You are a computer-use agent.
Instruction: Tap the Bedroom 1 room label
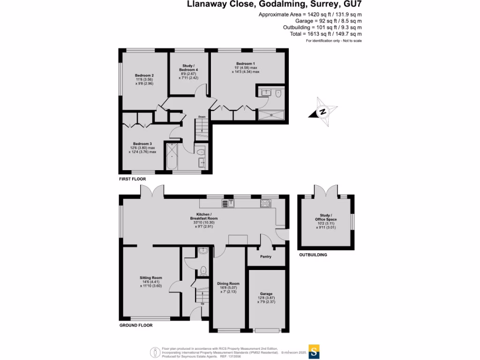coord(245,63)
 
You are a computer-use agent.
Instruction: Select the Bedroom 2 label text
coord(144,75)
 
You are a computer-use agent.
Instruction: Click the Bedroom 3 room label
coord(142,143)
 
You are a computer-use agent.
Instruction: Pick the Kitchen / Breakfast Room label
coord(204,216)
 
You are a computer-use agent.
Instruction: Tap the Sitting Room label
coord(150,277)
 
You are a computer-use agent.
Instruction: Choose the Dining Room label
coord(228,283)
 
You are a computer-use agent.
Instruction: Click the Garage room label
coord(266,294)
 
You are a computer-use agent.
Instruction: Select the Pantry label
coord(266,256)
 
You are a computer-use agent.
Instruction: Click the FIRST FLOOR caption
coord(132,179)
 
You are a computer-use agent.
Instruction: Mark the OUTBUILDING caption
coord(313,255)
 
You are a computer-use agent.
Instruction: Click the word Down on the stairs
coord(202,117)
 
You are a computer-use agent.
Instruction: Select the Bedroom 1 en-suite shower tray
coord(271,114)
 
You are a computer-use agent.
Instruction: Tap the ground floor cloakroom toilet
coord(203,270)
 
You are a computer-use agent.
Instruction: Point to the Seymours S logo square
coord(316,351)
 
